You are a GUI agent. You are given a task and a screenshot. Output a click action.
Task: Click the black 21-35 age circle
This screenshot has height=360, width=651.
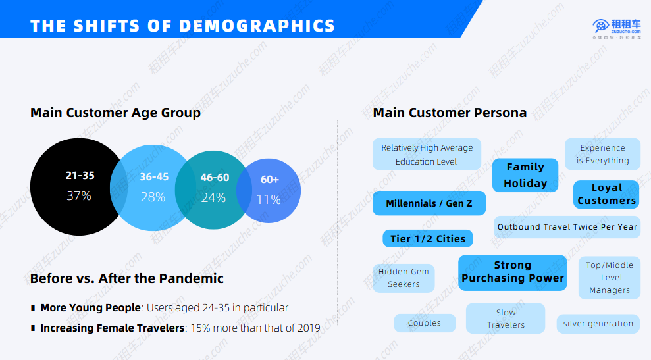72,186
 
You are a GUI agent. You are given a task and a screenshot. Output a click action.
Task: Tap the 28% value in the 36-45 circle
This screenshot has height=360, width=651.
153,197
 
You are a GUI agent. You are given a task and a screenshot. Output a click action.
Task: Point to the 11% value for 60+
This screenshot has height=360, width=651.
269,199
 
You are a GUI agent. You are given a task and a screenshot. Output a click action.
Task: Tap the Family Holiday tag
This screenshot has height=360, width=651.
525,175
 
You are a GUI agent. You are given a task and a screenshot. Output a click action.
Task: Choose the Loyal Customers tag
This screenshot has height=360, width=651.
606,195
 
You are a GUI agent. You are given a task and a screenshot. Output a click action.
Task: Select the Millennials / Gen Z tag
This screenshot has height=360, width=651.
429,203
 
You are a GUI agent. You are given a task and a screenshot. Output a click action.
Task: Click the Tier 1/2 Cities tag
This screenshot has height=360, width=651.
428,238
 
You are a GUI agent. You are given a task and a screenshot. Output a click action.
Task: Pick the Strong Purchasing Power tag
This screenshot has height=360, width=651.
512,272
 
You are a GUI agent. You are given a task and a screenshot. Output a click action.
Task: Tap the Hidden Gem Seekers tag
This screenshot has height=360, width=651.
404,278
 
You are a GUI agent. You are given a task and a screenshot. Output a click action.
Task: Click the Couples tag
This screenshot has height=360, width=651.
425,323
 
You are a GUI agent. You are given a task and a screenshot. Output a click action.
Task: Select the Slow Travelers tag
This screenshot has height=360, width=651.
506,319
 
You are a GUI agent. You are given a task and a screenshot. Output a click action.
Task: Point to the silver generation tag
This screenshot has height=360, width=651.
598,324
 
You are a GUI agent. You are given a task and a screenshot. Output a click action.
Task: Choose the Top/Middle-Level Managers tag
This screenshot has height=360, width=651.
610,277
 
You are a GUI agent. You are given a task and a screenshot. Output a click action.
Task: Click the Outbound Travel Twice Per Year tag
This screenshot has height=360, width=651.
567,227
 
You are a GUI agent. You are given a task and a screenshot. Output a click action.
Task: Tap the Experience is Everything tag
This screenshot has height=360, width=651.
602,154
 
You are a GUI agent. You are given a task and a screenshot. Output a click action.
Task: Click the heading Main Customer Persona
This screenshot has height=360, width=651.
450,113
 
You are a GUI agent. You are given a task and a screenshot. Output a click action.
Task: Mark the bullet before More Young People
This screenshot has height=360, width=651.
33,308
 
